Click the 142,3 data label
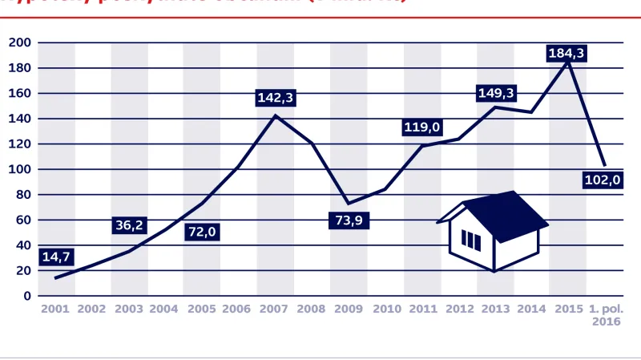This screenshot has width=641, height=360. point(276,98)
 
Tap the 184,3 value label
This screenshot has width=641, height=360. point(566,54)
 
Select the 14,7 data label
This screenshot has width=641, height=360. point(55,257)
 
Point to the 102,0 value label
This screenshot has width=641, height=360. point(603,180)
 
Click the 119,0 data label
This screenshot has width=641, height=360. point(422,127)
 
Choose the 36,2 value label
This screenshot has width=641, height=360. point(129,225)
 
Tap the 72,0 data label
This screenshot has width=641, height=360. point(203,233)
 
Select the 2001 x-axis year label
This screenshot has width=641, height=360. point(55,309)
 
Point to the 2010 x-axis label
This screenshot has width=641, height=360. point(386,309)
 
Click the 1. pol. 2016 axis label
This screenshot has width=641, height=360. point(606,314)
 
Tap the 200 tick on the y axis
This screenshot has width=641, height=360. point(20,42)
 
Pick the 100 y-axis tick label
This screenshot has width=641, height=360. point(20,170)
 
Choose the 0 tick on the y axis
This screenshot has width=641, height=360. point(27,296)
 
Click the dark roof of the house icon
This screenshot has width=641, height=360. point(505,214)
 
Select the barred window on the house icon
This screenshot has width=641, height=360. point(471,240)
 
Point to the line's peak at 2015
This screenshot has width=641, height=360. point(568,61)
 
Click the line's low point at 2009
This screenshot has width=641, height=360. point(347,203)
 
